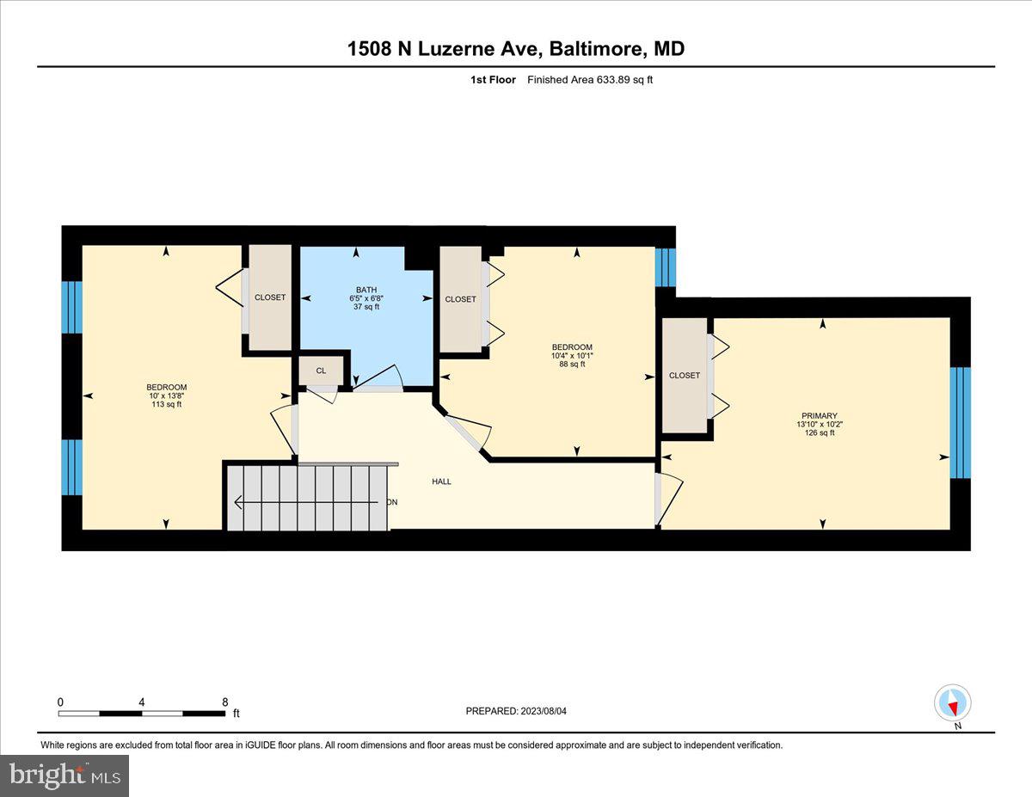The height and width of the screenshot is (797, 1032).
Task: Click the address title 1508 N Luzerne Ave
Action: [515, 49]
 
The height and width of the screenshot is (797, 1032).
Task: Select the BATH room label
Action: [366, 290]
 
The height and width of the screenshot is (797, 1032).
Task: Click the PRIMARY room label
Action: [815, 416]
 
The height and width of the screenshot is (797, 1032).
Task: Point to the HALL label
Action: [441, 481]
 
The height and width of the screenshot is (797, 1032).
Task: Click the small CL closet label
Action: [321, 371]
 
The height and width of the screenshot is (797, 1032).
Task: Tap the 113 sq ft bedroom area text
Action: [166, 404]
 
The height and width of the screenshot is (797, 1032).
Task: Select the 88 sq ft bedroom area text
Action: [572, 364]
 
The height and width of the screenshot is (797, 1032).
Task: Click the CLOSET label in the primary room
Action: [685, 376]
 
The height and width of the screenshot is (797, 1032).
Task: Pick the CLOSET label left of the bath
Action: [270, 297]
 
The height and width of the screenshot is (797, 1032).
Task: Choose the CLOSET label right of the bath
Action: [460, 299]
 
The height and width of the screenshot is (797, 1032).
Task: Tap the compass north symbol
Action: [952, 703]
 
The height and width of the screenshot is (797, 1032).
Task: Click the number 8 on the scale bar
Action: [224, 701]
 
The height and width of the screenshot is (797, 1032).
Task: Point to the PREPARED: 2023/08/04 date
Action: [518, 711]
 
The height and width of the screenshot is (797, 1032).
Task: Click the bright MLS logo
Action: [64, 775]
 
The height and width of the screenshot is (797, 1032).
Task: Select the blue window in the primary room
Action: [960, 422]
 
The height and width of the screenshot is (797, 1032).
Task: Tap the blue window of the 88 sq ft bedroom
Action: [666, 267]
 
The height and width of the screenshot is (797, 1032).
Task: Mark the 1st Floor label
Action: [494, 80]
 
